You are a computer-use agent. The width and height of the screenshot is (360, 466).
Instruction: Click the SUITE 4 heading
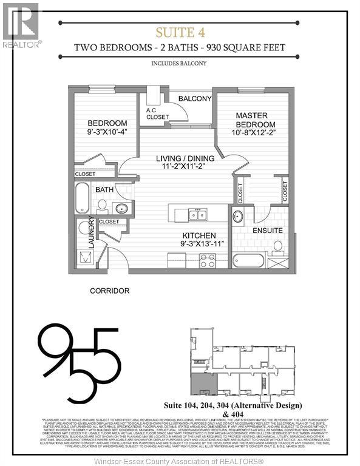click(x=179, y=32)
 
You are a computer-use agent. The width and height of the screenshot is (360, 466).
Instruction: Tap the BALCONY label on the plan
click(x=194, y=99)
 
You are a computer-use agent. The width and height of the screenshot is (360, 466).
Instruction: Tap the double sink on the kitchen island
click(x=197, y=214)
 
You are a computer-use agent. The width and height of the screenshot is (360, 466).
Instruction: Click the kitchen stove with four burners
click(x=208, y=261)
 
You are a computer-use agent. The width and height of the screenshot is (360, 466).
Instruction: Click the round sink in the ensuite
click(x=238, y=217)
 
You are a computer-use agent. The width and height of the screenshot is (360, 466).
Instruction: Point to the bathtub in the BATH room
click(x=83, y=198)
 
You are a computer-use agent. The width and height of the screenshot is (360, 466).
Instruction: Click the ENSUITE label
click(x=268, y=231)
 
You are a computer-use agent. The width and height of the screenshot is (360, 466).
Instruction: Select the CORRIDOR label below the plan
click(x=109, y=291)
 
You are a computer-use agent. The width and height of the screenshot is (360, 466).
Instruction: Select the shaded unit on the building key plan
click(x=197, y=383)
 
